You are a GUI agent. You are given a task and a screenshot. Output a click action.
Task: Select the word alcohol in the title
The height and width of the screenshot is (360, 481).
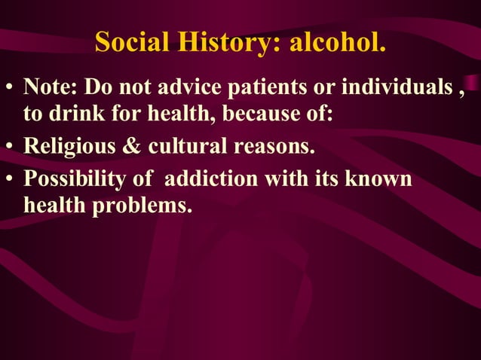(339, 43)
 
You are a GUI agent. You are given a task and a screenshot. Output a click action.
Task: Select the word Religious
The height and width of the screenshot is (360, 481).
(70, 145)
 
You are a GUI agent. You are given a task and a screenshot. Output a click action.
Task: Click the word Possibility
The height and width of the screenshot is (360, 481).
(78, 179)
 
